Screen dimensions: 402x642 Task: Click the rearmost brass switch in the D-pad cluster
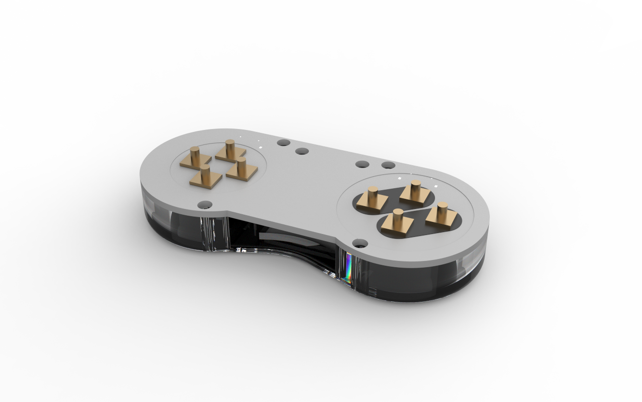click(x=230, y=149)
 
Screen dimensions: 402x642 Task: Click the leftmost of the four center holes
click(x=284, y=143)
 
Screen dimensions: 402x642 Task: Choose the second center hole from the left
click(x=302, y=151)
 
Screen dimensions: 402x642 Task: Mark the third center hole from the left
click(x=362, y=164)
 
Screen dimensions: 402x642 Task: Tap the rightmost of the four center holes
click(x=388, y=165)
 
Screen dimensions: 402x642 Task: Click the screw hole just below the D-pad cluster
click(x=205, y=205)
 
